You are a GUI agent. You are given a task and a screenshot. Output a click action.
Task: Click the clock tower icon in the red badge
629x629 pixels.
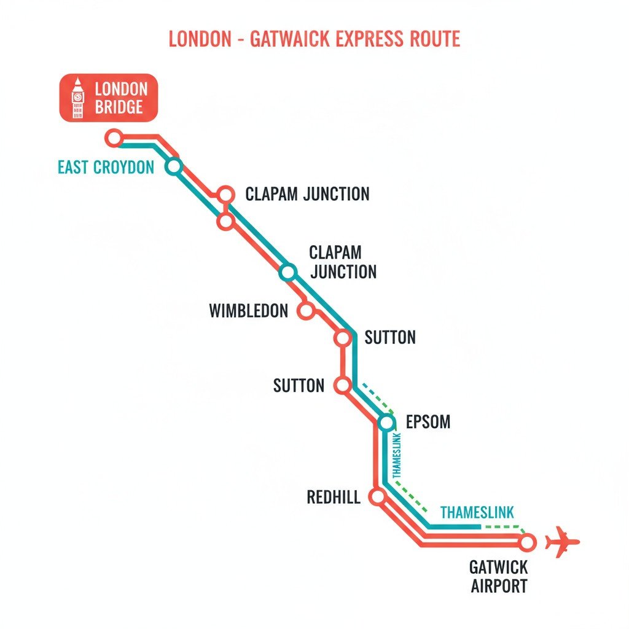click(x=77, y=98)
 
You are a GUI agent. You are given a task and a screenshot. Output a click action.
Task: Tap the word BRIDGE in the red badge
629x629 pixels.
click(x=119, y=107)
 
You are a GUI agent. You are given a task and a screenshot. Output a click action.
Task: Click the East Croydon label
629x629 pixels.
click(x=106, y=167)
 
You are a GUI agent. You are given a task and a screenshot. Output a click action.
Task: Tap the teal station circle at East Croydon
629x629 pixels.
click(x=174, y=166)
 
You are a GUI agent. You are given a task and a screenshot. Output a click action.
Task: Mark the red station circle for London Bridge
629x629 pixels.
click(x=114, y=138)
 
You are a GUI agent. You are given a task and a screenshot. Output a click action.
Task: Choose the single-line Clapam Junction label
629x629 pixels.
click(x=307, y=194)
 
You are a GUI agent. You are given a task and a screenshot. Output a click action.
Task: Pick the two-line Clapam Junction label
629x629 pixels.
click(x=343, y=262)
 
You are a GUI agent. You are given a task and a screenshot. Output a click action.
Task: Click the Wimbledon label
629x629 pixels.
click(x=248, y=311)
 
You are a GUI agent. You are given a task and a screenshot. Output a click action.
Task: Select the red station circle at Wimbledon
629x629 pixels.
click(x=305, y=311)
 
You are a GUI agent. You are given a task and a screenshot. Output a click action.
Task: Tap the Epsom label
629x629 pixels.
click(x=428, y=422)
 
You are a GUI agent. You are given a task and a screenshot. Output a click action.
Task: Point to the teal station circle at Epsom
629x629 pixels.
click(x=386, y=422)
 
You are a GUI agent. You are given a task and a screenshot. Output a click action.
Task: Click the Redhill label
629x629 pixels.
click(x=333, y=497)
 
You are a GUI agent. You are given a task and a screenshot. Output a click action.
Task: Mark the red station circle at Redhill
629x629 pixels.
click(x=378, y=496)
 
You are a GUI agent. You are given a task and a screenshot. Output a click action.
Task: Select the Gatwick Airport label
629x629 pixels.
click(x=499, y=576)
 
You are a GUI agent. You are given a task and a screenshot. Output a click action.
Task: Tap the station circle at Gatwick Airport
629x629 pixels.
click(x=527, y=542)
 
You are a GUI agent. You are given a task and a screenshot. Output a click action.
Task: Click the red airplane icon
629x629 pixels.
click(x=562, y=542)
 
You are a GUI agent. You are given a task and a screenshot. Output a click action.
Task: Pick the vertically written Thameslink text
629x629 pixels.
click(x=396, y=455)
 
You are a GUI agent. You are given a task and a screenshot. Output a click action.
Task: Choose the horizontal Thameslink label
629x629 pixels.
click(x=477, y=512)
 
